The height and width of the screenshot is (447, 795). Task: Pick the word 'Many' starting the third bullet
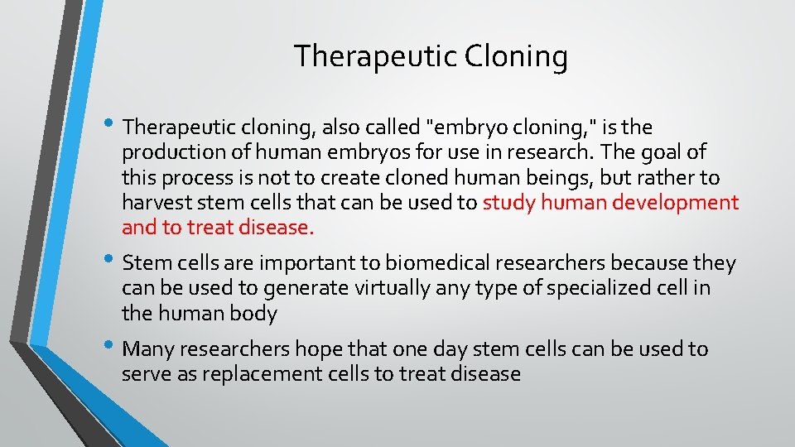(x=148, y=349)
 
